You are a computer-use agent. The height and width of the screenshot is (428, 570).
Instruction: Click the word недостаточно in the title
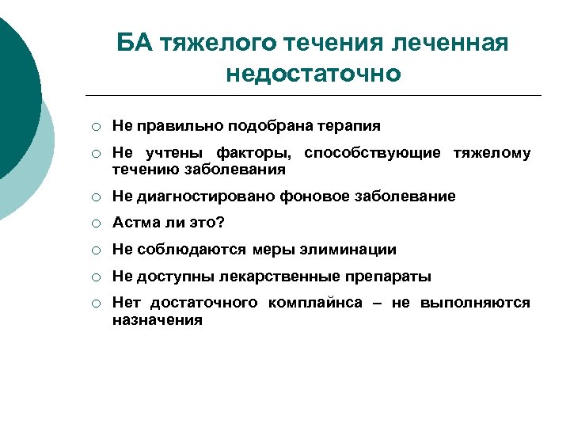pyautogui.click(x=313, y=74)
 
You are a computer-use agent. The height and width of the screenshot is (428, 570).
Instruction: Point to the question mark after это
pyautogui.click(x=221, y=223)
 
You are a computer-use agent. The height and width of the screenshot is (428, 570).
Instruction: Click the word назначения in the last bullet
pyautogui.click(x=157, y=320)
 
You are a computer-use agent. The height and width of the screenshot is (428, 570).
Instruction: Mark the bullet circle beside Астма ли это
pyautogui.click(x=95, y=224)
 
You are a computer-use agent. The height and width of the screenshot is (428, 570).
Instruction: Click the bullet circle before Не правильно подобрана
pyautogui.click(x=95, y=127)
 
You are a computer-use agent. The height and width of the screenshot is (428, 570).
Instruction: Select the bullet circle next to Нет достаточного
pyautogui.click(x=95, y=304)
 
